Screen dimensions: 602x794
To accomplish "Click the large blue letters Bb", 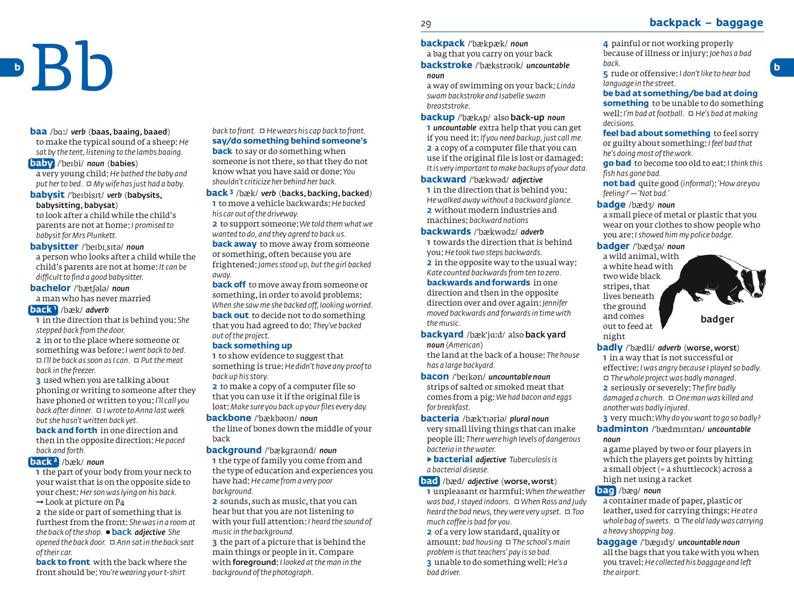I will [73, 67].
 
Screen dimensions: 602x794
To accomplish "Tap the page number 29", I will [426, 24].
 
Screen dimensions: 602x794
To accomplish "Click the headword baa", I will [39, 131].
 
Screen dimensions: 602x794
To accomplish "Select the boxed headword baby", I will [41, 163].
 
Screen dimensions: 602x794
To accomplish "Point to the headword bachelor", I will [50, 288].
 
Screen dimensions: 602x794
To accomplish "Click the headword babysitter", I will [54, 246].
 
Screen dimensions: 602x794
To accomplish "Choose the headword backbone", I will [229, 418].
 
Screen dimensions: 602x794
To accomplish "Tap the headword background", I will [234, 450].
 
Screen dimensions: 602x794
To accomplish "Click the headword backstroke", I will [446, 65].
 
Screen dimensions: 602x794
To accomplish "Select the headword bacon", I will [435, 376].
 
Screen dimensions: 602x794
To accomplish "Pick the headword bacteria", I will [439, 418].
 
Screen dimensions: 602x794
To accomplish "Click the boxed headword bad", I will [429, 481].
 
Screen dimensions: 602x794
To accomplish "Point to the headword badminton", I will [622, 428].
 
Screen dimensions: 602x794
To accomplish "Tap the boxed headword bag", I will [605, 490].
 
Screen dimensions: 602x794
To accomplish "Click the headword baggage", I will [617, 542].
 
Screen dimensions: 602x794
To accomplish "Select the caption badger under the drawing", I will [717, 319].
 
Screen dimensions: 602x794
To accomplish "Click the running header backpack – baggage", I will [706, 23].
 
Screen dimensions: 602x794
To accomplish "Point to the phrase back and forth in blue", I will [67, 430].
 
